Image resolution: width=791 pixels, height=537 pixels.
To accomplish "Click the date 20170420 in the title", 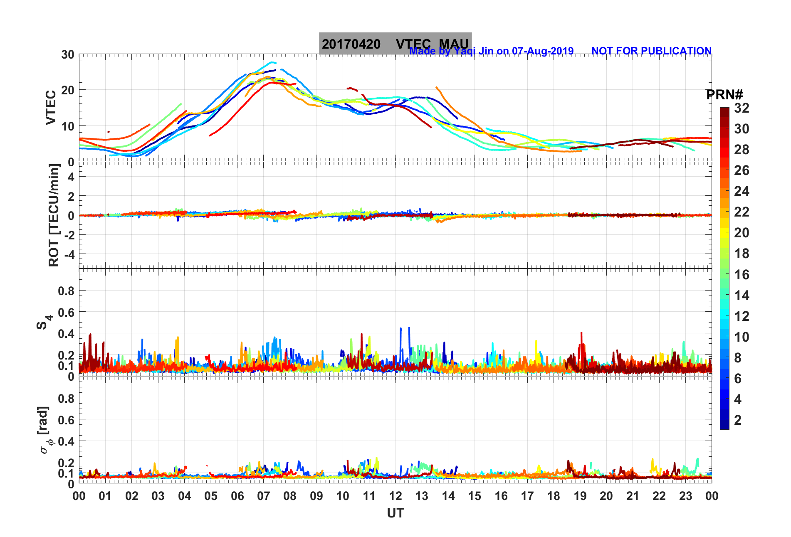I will click(351, 44).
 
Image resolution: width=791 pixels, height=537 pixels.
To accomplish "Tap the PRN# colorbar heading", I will click(724, 95).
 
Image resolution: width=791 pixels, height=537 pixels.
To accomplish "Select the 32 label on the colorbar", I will click(742, 108).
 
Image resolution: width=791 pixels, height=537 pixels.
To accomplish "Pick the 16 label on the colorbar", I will click(742, 274).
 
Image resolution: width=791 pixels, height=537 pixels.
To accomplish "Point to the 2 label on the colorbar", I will click(738, 420).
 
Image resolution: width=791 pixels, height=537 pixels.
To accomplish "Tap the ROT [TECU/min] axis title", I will click(54, 215).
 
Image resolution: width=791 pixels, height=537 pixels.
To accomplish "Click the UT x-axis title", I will click(395, 513).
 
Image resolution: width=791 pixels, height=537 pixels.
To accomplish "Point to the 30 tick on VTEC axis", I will click(68, 54).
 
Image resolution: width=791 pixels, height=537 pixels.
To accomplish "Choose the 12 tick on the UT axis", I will click(395, 496).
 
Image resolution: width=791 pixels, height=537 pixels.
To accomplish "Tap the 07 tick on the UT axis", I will click(264, 496).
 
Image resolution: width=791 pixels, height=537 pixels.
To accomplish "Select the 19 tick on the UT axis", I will click(580, 496).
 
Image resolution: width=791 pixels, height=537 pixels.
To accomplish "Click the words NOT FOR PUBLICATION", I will click(651, 51).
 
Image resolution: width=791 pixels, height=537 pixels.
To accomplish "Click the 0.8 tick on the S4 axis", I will click(66, 291).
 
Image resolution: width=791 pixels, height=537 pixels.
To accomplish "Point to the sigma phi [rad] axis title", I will click(45, 430).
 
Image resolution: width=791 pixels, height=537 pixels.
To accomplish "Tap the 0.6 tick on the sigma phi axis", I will click(66, 420).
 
